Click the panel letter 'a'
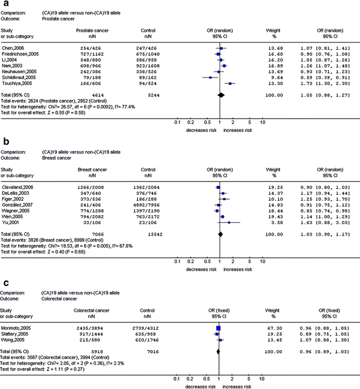(4, 5)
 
